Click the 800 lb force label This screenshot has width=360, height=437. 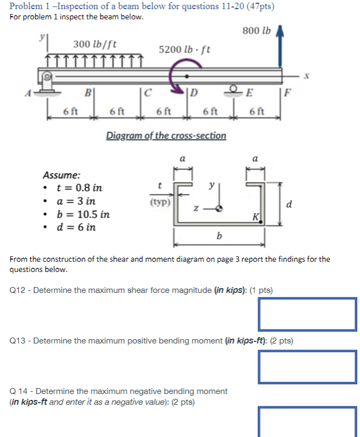[x=256, y=31]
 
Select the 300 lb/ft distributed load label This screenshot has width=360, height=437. [x=95, y=44]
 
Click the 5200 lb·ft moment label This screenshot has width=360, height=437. [x=184, y=49]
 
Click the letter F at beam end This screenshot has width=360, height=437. [x=289, y=92]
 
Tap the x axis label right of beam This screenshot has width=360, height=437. [x=307, y=77]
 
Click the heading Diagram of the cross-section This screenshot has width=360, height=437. [x=165, y=135]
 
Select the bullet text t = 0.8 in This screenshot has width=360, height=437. [x=79, y=188]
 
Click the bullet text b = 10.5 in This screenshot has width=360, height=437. [x=83, y=214]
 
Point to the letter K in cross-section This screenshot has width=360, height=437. [x=256, y=217]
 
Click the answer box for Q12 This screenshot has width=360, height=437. [x=307, y=313]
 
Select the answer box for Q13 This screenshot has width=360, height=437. [x=307, y=366]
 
